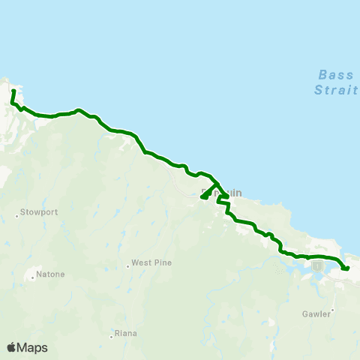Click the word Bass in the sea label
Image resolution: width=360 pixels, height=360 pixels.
pos(330,75)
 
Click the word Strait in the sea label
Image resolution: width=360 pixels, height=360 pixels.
pos(330,88)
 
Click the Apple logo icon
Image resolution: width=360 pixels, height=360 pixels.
pos(11,347)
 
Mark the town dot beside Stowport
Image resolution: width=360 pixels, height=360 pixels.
pos(16,216)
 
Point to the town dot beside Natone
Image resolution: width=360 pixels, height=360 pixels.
pos(33,278)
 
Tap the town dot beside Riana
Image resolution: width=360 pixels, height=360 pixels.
pos(110,336)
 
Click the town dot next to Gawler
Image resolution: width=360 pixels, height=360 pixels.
pos(331,308)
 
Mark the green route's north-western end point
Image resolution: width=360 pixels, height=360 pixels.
pos(13,91)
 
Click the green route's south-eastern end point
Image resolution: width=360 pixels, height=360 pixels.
pos(346,268)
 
